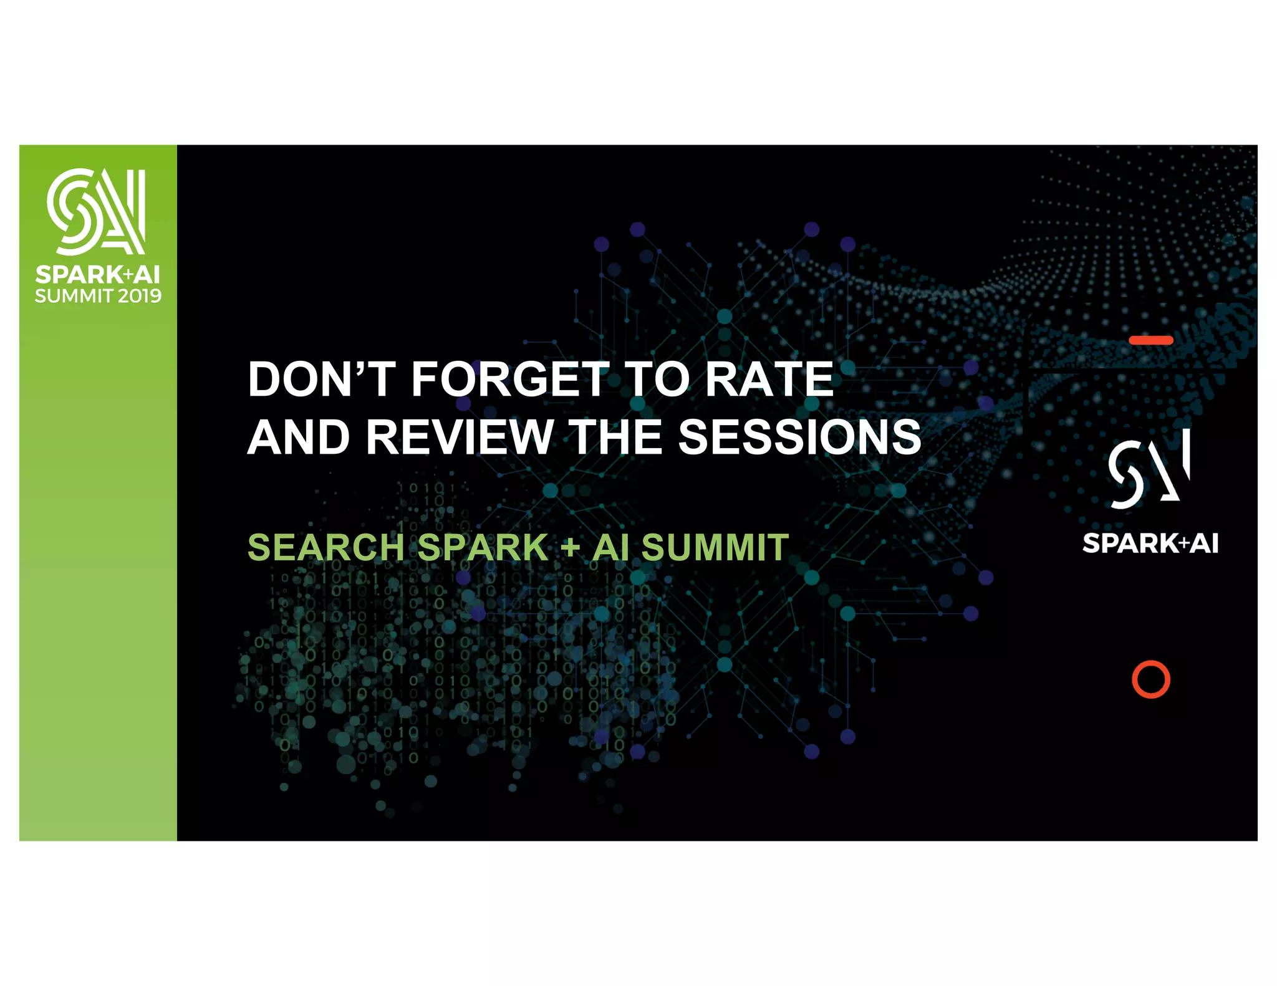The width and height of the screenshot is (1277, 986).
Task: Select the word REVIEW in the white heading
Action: click(x=460, y=437)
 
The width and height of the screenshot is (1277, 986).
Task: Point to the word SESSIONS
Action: click(x=799, y=437)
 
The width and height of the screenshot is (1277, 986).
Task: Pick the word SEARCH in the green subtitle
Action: click(x=326, y=547)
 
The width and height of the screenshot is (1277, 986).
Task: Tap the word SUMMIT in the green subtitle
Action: click(x=715, y=547)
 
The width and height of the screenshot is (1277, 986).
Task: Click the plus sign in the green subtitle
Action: click(x=570, y=548)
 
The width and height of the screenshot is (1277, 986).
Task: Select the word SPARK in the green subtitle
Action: click(x=483, y=547)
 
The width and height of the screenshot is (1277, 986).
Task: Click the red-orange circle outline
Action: click(x=1150, y=679)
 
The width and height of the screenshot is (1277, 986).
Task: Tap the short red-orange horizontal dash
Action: click(x=1150, y=340)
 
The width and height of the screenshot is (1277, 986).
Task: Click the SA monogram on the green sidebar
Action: click(x=97, y=211)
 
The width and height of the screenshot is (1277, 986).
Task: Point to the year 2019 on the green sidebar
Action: click(x=140, y=295)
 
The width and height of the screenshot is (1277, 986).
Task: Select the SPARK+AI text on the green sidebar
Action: click(x=97, y=274)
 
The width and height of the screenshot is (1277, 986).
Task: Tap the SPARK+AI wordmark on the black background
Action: click(x=1150, y=543)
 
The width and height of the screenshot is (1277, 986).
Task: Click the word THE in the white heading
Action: click(x=616, y=437)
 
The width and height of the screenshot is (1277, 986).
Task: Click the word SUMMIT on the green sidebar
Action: click(x=74, y=295)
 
